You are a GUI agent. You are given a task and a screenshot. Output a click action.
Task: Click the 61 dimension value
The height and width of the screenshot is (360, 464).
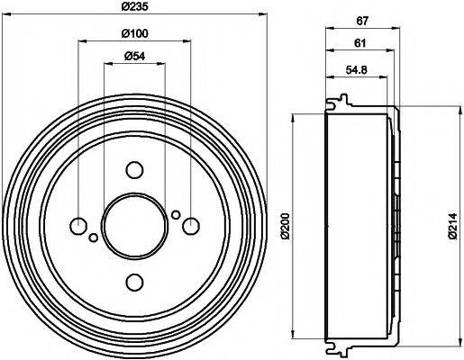click(x=359, y=43)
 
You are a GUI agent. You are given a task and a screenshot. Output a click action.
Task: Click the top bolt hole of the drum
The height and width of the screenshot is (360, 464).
click(x=134, y=170)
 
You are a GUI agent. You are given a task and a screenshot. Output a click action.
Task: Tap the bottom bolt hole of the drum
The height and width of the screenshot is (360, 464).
click(x=134, y=283)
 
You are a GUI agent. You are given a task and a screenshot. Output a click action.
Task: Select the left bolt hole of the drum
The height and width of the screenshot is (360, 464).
click(x=78, y=226)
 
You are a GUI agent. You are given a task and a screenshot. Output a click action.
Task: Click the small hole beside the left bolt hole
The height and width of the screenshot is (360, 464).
click(x=94, y=238)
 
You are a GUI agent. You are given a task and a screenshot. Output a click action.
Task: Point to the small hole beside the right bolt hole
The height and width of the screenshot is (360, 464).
click(x=176, y=214)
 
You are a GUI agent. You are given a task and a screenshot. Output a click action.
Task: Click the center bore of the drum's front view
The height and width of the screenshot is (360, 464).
click(x=134, y=227)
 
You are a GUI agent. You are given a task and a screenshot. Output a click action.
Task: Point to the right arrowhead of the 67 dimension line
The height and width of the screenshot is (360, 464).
click(x=396, y=29)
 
